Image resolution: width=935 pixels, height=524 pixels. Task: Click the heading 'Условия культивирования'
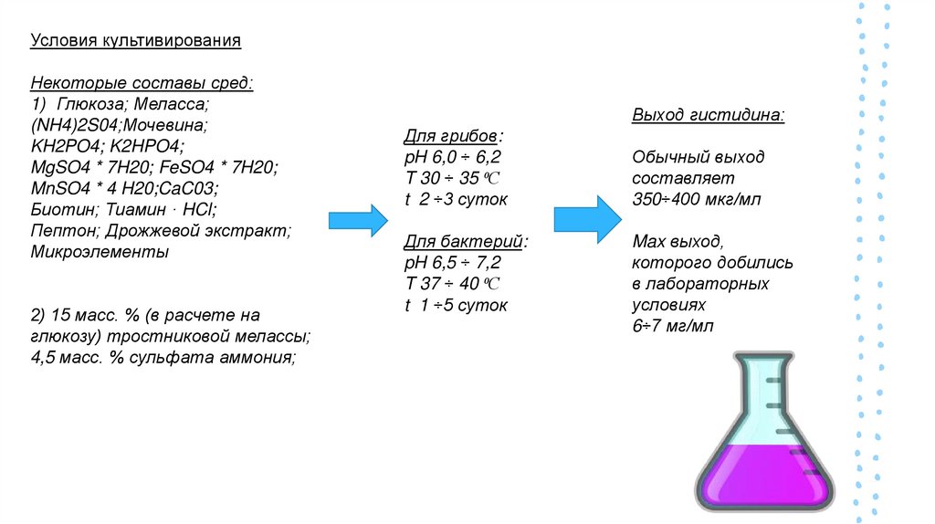pos(135,41)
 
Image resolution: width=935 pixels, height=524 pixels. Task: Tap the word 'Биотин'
pos(59,209)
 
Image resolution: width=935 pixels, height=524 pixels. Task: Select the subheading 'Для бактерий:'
pos(466,241)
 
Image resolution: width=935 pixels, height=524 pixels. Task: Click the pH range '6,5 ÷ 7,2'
pos(469,262)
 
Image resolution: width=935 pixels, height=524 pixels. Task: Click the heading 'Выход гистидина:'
pos(707,116)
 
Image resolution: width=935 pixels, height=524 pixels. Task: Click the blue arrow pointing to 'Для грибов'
pos(357,220)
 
